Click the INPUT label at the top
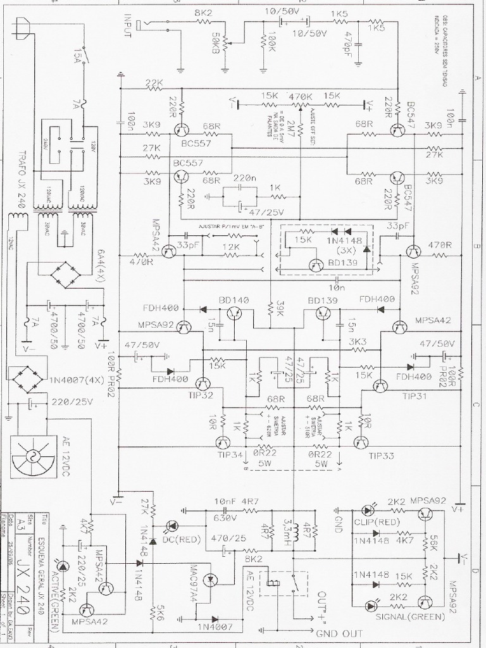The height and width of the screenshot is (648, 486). (x=128, y=25)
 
